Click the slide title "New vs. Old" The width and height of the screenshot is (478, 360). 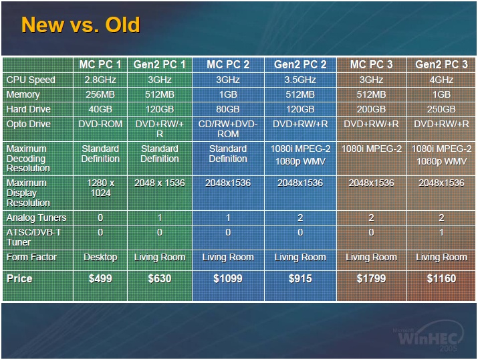tap(80, 25)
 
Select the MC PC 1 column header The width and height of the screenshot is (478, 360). tap(100, 65)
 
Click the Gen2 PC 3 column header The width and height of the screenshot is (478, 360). tap(441, 65)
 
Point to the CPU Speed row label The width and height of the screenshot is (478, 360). tap(31, 80)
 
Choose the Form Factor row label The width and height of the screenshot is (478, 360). tap(31, 257)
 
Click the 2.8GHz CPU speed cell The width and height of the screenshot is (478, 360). tap(100, 80)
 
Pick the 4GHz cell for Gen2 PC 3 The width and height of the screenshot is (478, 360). tap(441, 80)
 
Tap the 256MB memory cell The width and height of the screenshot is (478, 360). tap(100, 94)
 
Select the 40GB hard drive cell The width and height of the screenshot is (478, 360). tap(100, 109)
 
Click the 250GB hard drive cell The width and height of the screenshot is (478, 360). tap(441, 109)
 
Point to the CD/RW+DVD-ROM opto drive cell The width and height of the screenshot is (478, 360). tap(228, 129)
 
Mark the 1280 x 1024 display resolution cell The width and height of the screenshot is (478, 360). tap(100, 188)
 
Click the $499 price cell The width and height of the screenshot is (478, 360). tap(100, 278)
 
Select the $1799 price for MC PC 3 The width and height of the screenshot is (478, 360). tap(371, 278)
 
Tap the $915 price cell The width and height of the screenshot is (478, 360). tap(300, 278)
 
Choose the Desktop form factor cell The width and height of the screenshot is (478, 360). tap(100, 258)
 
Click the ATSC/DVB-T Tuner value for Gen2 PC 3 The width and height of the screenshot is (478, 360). tap(441, 233)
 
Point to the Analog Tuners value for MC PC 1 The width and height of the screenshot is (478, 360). tap(100, 218)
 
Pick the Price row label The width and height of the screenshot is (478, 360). tap(19, 278)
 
